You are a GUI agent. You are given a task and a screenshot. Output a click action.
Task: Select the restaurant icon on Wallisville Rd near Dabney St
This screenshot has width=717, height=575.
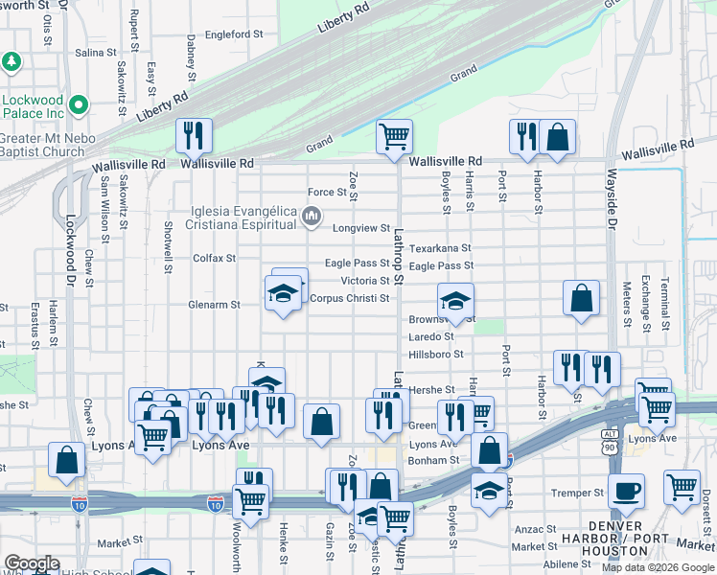[x=195, y=136]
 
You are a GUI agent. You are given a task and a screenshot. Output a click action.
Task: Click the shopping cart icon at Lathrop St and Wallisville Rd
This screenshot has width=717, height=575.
[x=394, y=136]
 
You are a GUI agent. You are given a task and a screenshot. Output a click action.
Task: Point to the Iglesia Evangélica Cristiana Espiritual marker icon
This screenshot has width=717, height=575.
[x=312, y=218]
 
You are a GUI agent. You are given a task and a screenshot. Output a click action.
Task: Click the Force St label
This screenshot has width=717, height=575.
[x=327, y=193]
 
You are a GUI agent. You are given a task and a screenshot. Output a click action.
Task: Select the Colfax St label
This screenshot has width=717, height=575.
[x=215, y=258]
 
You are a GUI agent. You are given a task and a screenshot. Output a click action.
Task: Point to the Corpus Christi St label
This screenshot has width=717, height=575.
[x=349, y=298]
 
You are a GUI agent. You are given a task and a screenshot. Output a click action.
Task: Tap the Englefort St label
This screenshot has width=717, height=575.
[x=234, y=34]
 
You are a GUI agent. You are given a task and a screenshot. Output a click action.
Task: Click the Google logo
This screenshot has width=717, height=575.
[x=32, y=563]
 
